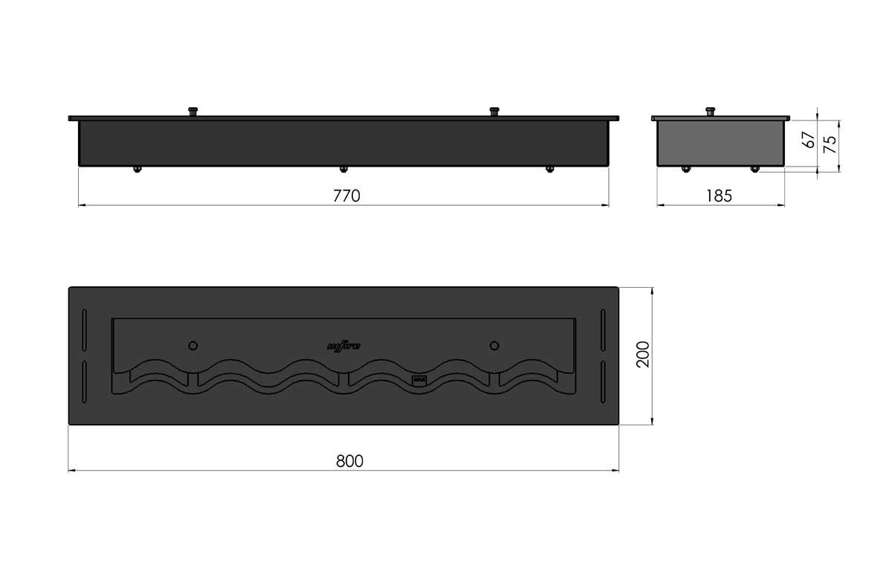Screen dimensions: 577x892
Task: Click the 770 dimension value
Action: click(x=346, y=196)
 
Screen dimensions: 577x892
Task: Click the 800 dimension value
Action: click(x=349, y=461)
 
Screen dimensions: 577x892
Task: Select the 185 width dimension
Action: click(x=720, y=196)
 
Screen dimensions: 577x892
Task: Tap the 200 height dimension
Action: click(x=644, y=354)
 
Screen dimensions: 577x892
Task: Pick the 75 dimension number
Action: click(x=831, y=143)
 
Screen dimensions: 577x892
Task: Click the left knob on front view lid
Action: click(x=193, y=112)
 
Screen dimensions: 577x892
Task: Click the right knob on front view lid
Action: click(x=494, y=112)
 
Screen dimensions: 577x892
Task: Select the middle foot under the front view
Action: click(x=343, y=170)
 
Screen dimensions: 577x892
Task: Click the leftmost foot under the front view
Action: click(x=137, y=170)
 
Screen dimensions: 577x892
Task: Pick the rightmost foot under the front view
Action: click(x=549, y=170)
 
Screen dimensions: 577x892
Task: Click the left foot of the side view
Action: click(x=685, y=169)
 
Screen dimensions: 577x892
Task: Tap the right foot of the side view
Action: click(x=754, y=169)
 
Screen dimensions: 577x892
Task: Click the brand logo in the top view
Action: click(x=343, y=345)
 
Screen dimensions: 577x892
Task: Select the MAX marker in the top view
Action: click(x=418, y=380)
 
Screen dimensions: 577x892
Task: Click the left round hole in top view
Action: click(x=193, y=345)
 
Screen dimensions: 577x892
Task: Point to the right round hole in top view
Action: click(x=494, y=345)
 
